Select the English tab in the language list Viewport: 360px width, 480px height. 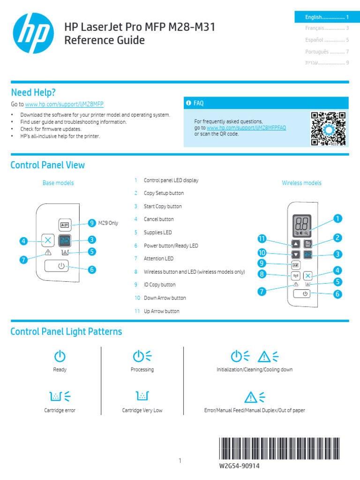pos(322,17)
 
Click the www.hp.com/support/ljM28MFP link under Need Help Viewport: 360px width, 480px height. pos(64,104)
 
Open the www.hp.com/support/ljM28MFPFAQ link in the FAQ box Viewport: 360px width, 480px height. pos(246,127)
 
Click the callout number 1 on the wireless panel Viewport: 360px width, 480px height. pos(337,218)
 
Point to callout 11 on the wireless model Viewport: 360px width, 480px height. pos(262,239)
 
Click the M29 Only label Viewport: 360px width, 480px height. pos(108,223)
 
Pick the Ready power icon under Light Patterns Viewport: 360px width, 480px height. pos(60,356)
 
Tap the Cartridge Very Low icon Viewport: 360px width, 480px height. pos(142,396)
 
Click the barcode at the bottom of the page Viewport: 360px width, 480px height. pos(284,449)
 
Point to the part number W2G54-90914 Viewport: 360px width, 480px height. pos(239,466)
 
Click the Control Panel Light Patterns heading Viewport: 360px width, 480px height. pos(66,332)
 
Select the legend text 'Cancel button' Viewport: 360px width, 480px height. pos(158,219)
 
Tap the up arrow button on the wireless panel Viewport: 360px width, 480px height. pos(296,244)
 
